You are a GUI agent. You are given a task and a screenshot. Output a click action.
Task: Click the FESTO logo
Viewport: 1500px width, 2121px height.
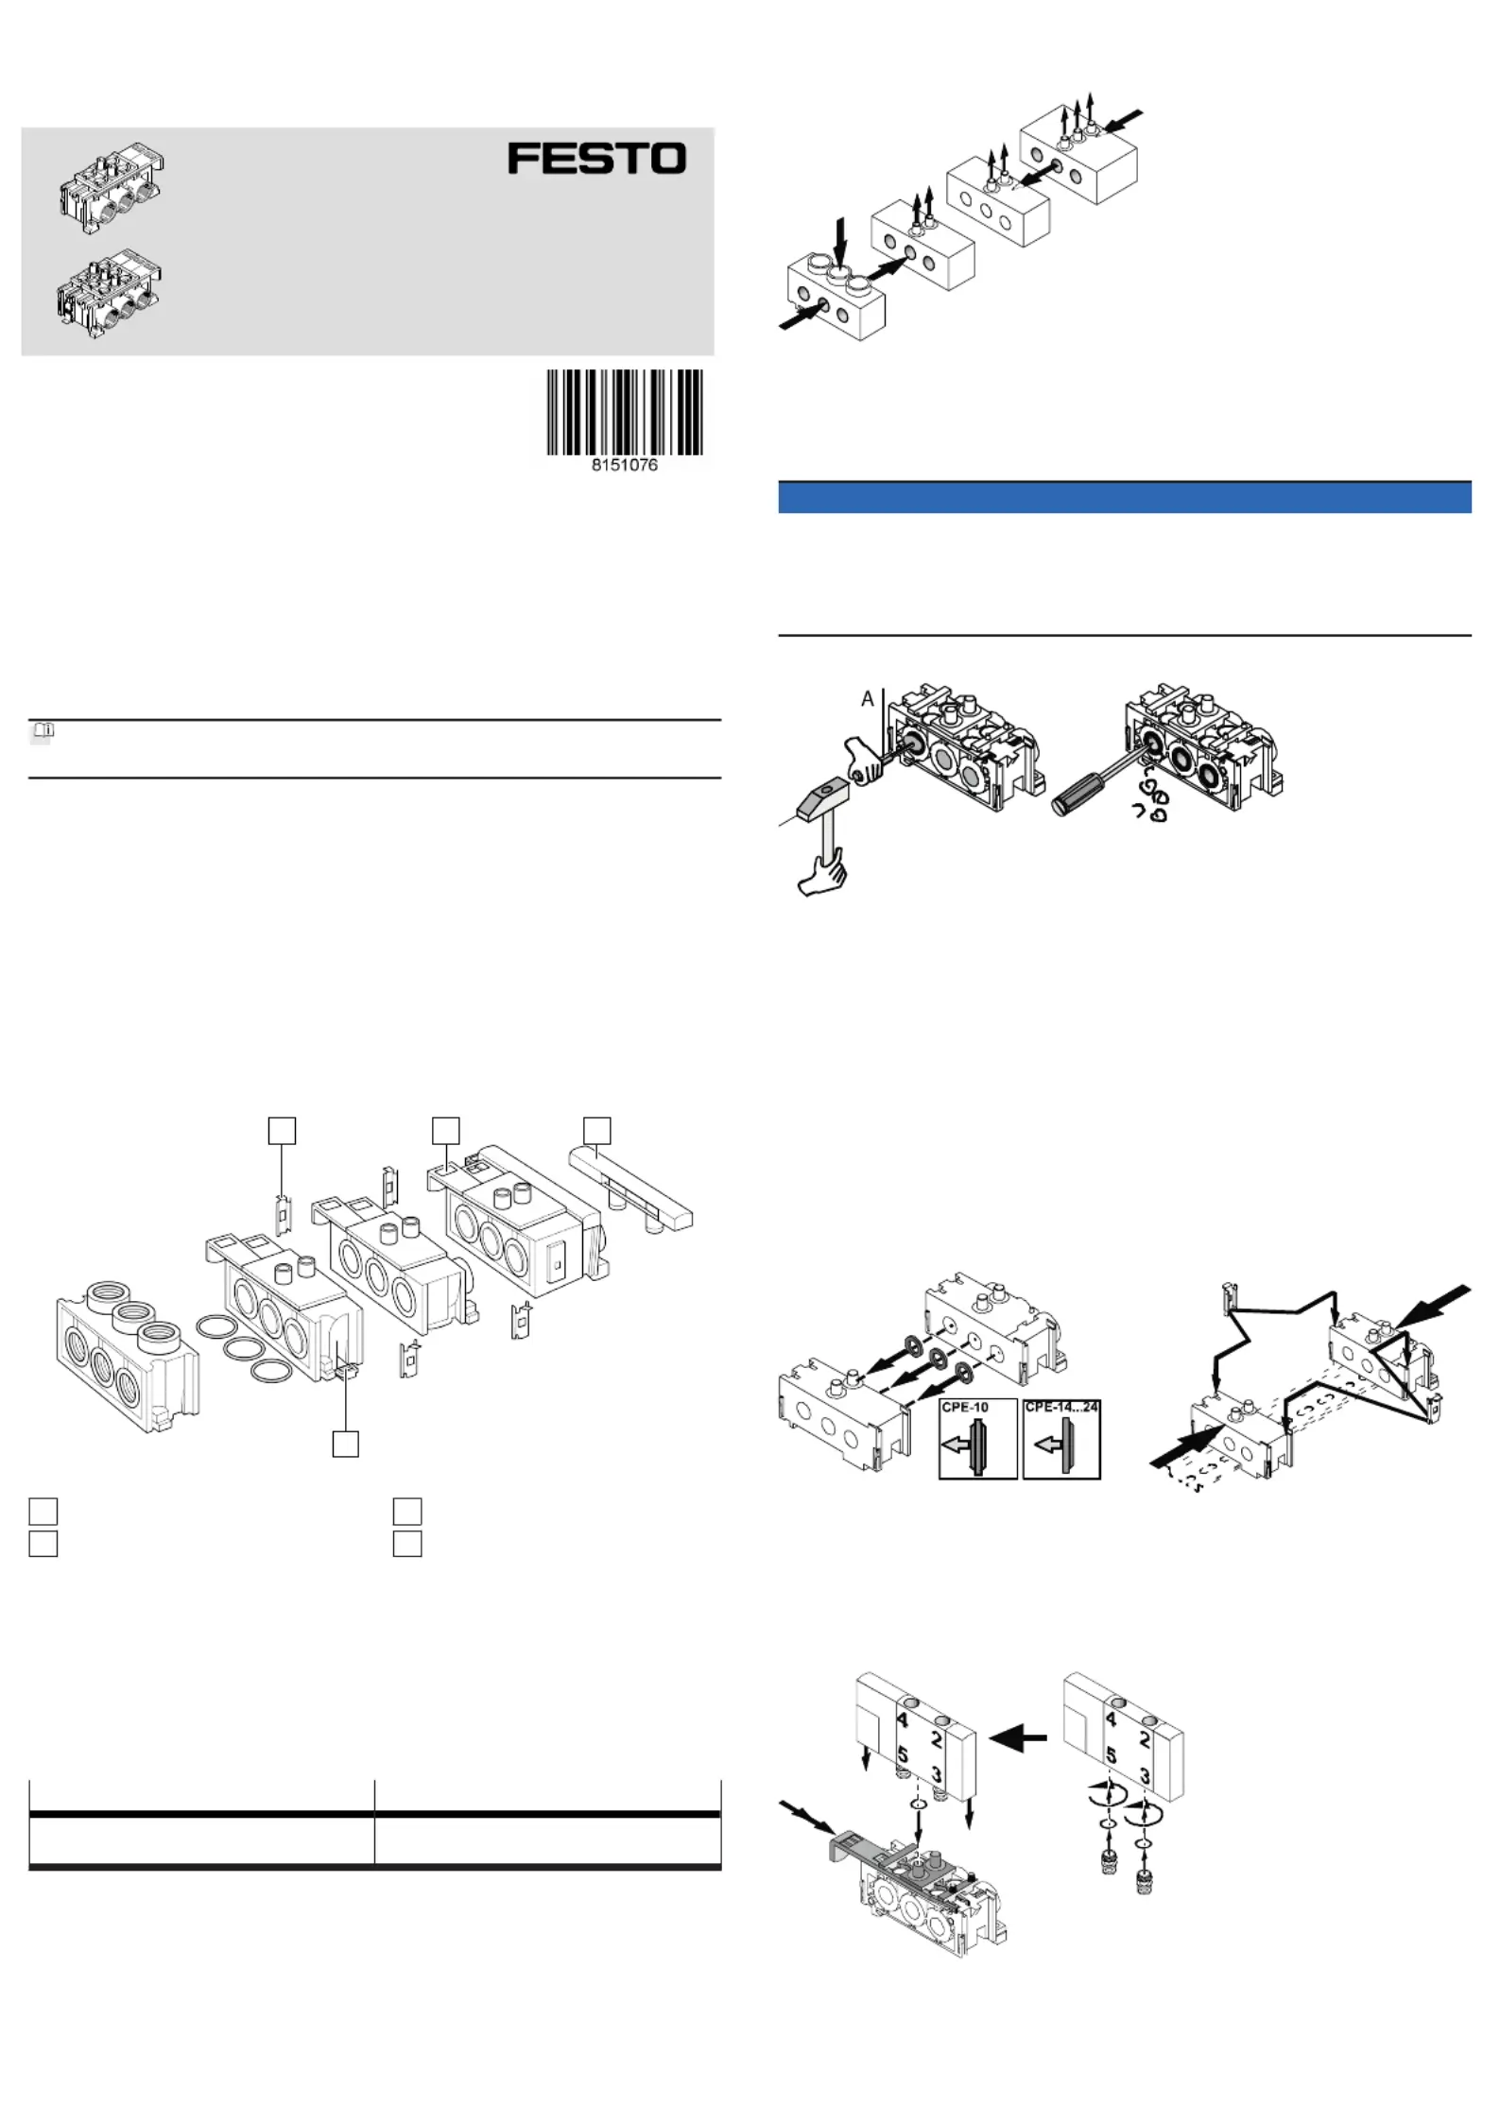tap(596, 158)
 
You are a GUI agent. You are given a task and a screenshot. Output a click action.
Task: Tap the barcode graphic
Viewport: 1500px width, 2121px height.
tap(625, 412)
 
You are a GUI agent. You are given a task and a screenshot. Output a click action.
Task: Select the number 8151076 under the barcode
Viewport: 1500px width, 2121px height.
tap(625, 465)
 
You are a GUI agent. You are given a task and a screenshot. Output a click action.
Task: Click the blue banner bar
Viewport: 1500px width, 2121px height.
tap(1125, 497)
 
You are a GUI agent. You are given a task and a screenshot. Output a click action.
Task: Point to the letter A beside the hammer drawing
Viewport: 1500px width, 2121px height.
tap(867, 699)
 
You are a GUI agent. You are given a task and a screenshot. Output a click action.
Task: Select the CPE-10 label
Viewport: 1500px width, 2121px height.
tap(965, 1407)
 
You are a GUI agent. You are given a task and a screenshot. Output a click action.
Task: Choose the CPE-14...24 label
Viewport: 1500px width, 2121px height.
tap(1061, 1407)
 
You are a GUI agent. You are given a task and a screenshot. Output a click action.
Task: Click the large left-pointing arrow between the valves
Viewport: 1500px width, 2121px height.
tap(1018, 1736)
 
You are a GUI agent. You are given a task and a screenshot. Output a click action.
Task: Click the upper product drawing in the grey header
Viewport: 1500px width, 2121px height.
tap(112, 189)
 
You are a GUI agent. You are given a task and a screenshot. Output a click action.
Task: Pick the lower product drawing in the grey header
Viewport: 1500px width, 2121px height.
tap(110, 294)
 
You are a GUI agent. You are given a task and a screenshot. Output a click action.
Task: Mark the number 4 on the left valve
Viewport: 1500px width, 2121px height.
tap(903, 1719)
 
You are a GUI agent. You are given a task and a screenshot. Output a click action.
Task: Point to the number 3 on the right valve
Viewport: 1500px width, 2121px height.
tap(1145, 1776)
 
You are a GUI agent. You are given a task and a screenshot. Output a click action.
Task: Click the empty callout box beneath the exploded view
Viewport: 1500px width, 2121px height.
tap(346, 1444)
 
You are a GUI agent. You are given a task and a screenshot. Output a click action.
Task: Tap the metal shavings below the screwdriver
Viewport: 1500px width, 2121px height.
tap(1151, 798)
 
